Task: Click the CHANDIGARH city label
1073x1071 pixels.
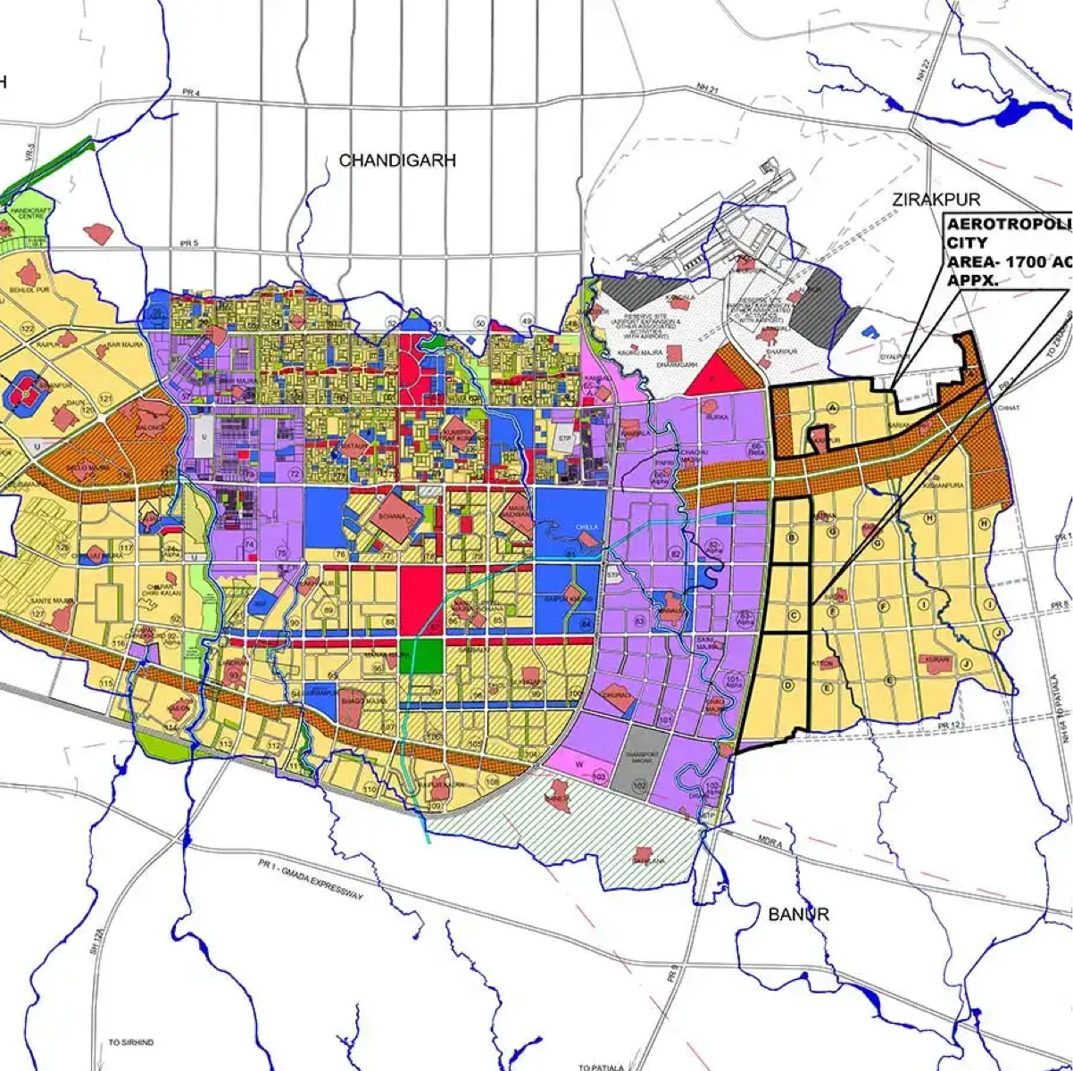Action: pyautogui.click(x=397, y=161)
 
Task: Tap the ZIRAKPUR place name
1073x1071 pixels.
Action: pyautogui.click(x=936, y=200)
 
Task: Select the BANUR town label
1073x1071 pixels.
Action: pyautogui.click(x=798, y=914)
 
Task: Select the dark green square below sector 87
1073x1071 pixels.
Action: pyautogui.click(x=420, y=654)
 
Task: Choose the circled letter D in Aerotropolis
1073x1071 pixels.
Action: pyautogui.click(x=787, y=685)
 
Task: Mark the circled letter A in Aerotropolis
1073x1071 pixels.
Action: pyautogui.click(x=832, y=408)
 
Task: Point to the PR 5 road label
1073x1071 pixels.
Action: pyautogui.click(x=188, y=243)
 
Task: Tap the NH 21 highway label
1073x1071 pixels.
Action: pyautogui.click(x=707, y=88)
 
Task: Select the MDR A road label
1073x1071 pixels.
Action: pyautogui.click(x=769, y=843)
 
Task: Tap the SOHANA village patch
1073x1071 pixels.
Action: pyautogui.click(x=392, y=518)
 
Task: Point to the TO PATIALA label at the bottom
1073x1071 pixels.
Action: pyautogui.click(x=596, y=1067)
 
